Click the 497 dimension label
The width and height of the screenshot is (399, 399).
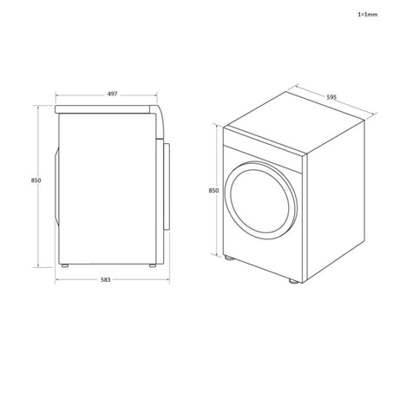click(112, 94)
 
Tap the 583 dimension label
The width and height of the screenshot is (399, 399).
click(106, 279)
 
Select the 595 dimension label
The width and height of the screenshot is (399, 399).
click(331, 97)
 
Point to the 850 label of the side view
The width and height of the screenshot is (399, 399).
click(36, 180)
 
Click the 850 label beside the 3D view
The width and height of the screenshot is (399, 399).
click(213, 191)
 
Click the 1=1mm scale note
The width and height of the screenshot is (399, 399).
click(368, 15)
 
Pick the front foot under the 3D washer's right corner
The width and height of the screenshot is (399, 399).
click(292, 281)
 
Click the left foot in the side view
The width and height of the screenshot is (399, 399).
click(65, 265)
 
